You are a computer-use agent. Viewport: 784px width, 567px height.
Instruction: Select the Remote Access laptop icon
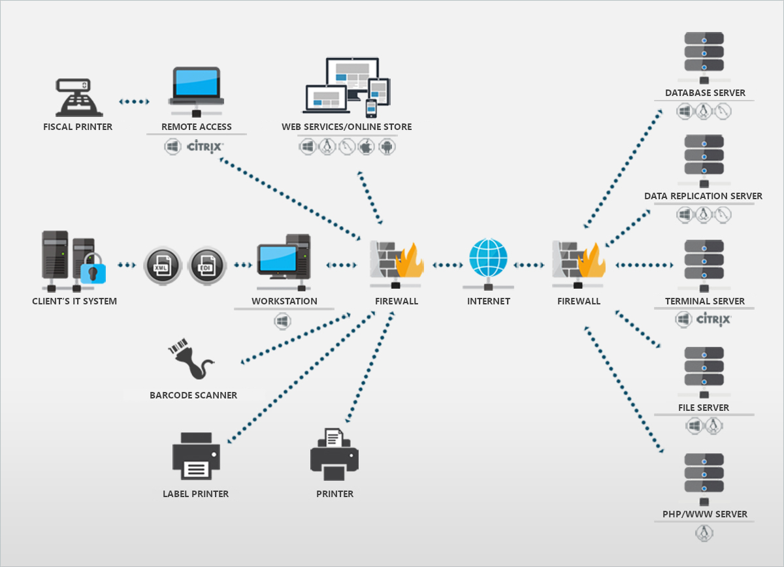196,87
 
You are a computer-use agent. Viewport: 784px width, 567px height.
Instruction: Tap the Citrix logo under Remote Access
205,146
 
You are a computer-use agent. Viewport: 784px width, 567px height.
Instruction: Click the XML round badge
161,266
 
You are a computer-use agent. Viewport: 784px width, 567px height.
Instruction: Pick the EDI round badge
206,266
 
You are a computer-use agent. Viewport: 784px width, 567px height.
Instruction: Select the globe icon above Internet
488,259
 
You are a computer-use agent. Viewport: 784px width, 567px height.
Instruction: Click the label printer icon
196,456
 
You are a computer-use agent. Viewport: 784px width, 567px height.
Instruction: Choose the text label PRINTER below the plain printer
335,494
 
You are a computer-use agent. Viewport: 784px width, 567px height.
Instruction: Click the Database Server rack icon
704,52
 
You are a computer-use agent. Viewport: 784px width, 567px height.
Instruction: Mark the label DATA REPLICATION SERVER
703,196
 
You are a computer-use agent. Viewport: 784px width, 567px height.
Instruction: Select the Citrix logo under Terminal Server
713,319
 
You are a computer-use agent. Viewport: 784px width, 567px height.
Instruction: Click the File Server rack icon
704,368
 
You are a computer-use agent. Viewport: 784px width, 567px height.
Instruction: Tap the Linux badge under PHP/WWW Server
704,533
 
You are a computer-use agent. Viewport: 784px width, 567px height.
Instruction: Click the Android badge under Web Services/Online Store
387,146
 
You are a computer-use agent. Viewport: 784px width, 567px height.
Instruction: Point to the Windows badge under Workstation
282,321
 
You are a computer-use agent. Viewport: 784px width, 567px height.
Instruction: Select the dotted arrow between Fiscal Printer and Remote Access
135,102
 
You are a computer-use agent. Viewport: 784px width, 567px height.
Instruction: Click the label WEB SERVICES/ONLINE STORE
347,127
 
